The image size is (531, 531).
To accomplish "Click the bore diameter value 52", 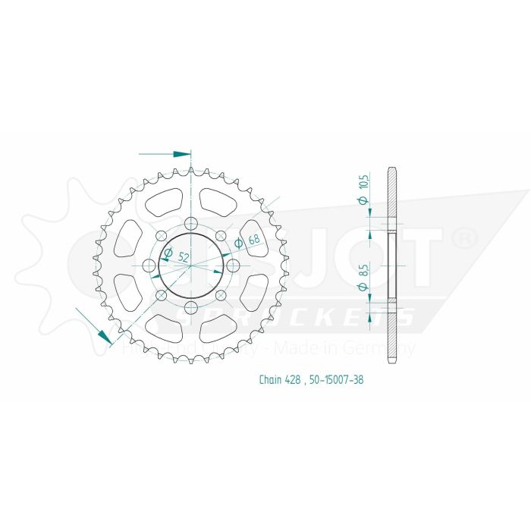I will coord(183,256).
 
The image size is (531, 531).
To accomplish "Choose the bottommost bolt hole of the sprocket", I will coord(190,307).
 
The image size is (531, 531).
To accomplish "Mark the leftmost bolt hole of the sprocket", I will coord(148,265).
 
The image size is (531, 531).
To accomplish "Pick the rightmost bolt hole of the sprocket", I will coord(233,265).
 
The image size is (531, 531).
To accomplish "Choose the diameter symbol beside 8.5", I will coord(363,286).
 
